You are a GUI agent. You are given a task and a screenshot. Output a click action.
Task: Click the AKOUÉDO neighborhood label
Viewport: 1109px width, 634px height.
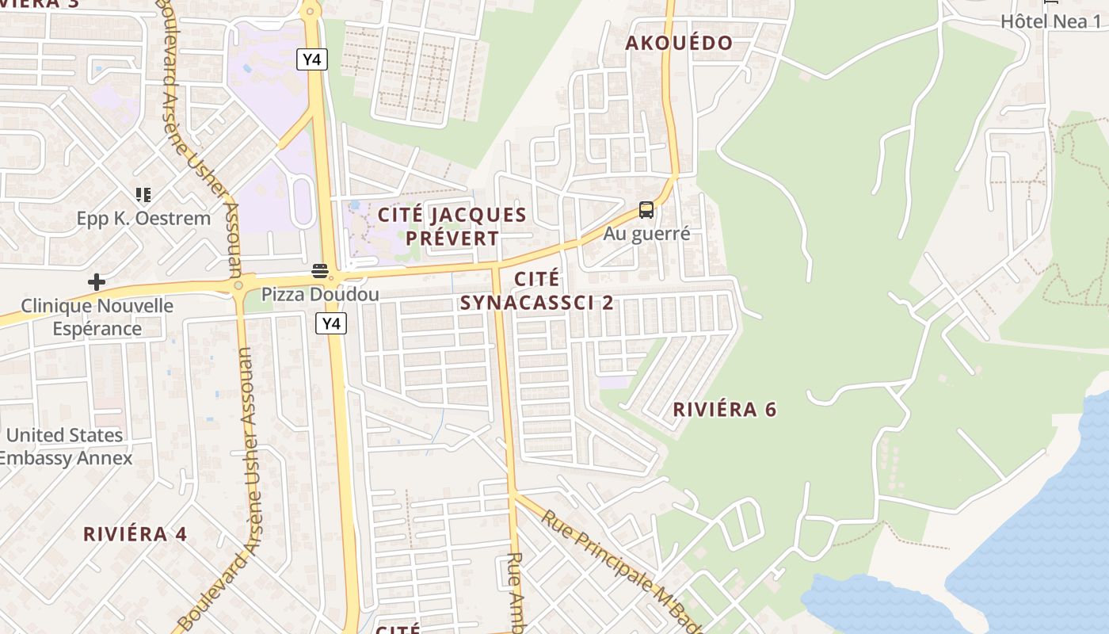tap(679, 43)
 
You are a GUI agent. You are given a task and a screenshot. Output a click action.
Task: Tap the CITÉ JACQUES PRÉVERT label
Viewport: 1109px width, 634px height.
tap(452, 226)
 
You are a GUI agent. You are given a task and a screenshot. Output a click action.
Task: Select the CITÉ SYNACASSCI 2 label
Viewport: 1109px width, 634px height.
tap(537, 291)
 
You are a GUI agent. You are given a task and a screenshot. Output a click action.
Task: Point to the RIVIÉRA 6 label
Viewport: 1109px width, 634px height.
tap(724, 410)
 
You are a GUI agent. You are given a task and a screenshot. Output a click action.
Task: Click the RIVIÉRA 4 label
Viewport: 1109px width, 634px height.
tap(135, 534)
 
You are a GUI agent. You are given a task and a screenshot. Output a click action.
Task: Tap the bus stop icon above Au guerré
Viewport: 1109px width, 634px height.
tap(646, 210)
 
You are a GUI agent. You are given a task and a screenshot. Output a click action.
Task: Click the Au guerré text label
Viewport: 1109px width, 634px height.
tap(646, 234)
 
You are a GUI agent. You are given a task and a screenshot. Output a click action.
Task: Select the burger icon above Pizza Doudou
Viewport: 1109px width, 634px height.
tap(320, 271)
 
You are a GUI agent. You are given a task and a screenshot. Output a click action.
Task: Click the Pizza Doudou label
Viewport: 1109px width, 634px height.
tap(320, 295)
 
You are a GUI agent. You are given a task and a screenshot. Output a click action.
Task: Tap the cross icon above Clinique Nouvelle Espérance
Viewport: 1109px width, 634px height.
tap(97, 282)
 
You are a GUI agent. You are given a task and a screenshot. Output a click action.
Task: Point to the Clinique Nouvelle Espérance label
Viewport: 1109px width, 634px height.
tap(97, 317)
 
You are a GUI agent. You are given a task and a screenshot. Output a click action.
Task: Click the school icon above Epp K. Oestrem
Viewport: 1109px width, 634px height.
tap(143, 195)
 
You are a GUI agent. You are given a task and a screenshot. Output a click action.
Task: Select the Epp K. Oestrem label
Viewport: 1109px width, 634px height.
tap(143, 219)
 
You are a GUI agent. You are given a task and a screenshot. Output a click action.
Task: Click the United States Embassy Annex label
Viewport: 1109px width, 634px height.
tap(65, 446)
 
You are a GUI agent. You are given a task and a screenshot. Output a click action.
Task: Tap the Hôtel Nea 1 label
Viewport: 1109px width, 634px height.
tap(1050, 21)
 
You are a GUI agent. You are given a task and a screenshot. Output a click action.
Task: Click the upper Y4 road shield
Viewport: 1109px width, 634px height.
tap(312, 59)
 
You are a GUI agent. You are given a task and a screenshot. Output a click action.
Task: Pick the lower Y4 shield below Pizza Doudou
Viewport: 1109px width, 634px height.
tap(331, 323)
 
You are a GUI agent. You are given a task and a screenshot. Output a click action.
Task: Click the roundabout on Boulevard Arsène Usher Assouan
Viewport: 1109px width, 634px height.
tap(238, 285)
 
